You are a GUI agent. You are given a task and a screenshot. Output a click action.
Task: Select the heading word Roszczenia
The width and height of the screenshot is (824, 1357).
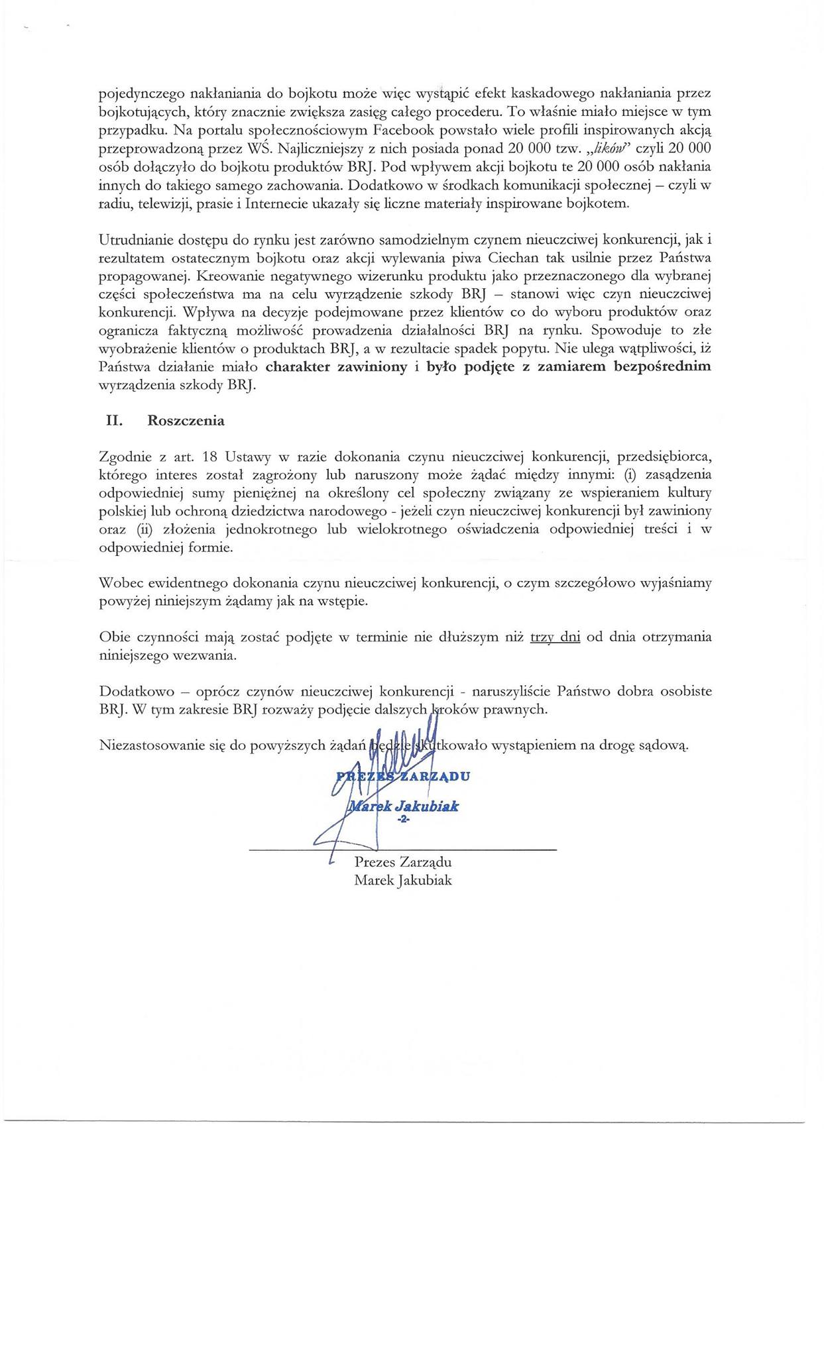pyautogui.click(x=186, y=421)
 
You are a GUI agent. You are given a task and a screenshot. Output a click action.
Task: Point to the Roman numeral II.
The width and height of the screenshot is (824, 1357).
pyautogui.click(x=108, y=421)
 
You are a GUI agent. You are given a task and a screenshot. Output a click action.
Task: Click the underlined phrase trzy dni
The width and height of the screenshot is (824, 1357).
pyautogui.click(x=556, y=637)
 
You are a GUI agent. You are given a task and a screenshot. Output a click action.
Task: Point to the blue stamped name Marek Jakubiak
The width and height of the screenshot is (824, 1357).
pyautogui.click(x=404, y=806)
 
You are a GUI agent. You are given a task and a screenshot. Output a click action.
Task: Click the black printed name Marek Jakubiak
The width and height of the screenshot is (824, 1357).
pyautogui.click(x=403, y=881)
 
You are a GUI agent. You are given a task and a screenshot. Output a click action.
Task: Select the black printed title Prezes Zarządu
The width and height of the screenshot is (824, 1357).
pyautogui.click(x=403, y=863)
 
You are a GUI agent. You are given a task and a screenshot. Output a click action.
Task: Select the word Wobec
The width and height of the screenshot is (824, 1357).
pyautogui.click(x=119, y=583)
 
